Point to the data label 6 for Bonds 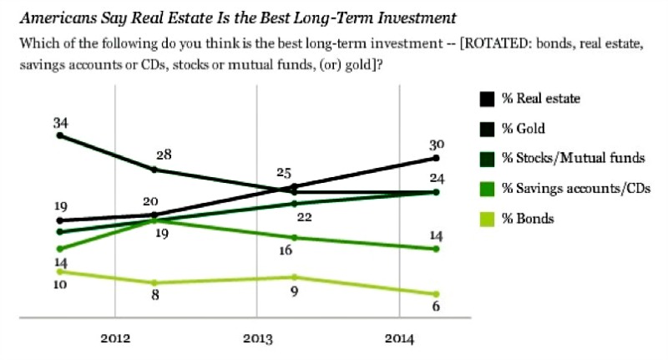[436, 307]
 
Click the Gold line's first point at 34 [58, 135]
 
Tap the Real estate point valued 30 [436, 158]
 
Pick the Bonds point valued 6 [436, 294]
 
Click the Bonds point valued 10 [58, 271]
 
